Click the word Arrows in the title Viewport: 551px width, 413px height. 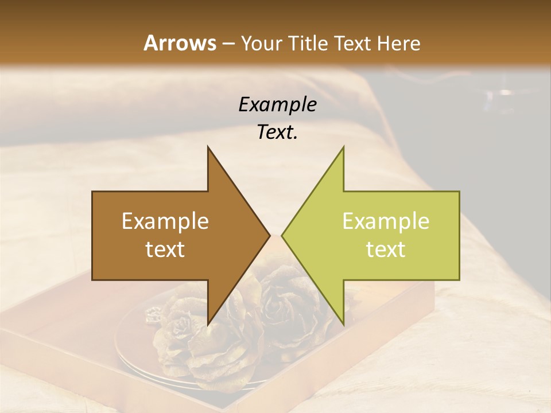coord(180,43)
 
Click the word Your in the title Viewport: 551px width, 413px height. coord(261,43)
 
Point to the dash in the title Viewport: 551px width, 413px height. coord(228,44)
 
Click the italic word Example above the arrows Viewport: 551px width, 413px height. coord(277,105)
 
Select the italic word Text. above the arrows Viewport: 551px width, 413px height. coord(277,133)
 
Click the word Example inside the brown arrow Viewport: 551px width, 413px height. coord(165,221)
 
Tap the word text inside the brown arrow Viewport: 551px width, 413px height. coord(165,250)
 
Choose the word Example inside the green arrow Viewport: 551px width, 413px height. coord(386,221)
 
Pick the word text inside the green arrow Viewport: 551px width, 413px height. coord(386,250)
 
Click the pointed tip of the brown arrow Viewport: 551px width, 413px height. coord(270,236)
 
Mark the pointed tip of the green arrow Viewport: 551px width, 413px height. coord(282,236)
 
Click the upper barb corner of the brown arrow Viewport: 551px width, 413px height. coord(208,147)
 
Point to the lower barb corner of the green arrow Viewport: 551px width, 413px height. coord(343,325)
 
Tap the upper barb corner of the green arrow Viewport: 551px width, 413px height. coord(343,147)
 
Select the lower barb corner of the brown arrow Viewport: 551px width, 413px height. coord(208,325)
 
